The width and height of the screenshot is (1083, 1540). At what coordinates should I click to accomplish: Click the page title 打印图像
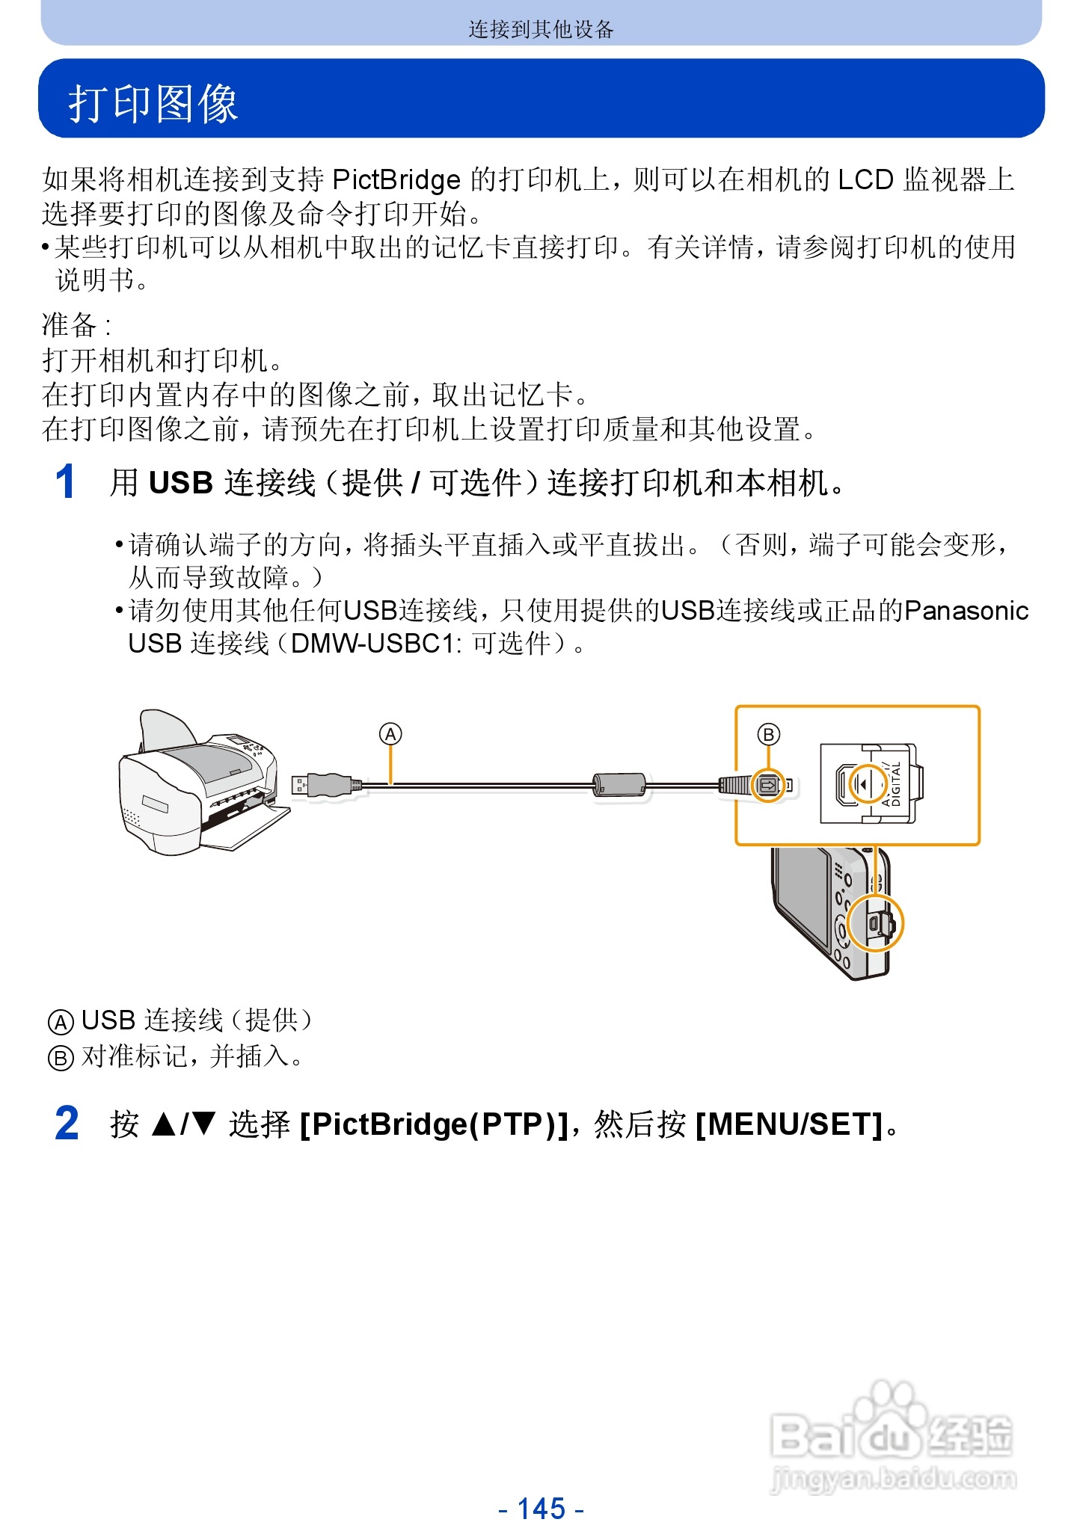point(153,103)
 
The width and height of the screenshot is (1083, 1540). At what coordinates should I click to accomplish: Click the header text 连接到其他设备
point(541,29)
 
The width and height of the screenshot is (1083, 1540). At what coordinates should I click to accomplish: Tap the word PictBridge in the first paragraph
point(396,180)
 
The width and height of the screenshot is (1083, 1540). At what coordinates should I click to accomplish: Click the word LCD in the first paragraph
point(865,180)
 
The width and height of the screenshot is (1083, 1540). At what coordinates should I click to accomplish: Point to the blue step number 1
point(66,482)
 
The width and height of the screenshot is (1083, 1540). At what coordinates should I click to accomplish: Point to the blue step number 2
point(67,1124)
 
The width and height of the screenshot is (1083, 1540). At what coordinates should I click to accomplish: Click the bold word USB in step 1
point(181,484)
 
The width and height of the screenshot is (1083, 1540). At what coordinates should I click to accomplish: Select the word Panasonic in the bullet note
point(966,612)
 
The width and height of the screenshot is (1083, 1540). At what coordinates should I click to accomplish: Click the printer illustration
point(198,785)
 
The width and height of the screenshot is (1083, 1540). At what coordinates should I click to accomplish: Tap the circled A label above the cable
point(390,734)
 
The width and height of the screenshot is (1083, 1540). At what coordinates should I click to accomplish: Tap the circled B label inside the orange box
point(768,734)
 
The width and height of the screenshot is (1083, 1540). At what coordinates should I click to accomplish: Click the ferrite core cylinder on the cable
point(619,784)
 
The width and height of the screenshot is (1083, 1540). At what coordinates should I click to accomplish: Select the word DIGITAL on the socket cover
point(896,783)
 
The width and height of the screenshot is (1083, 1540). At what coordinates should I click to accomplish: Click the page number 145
point(541,1509)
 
